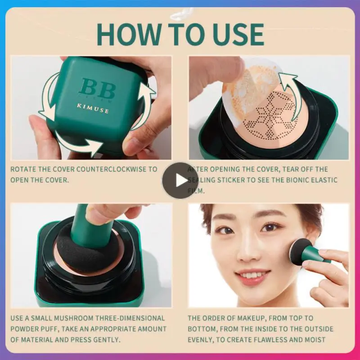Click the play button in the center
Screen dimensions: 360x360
[x=180, y=180]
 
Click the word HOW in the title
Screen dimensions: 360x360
[x=127, y=34]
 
